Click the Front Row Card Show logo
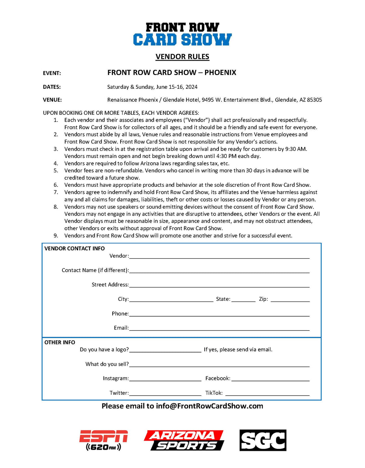[182, 34]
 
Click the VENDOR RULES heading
[182, 57]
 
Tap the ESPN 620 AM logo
[103, 440]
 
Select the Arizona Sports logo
[184, 440]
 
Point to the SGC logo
[263, 440]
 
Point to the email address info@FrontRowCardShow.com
[210, 406]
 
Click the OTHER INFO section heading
[60, 342]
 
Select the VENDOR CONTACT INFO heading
[75, 248]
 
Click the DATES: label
[52, 87]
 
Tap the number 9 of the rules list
[56, 236]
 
